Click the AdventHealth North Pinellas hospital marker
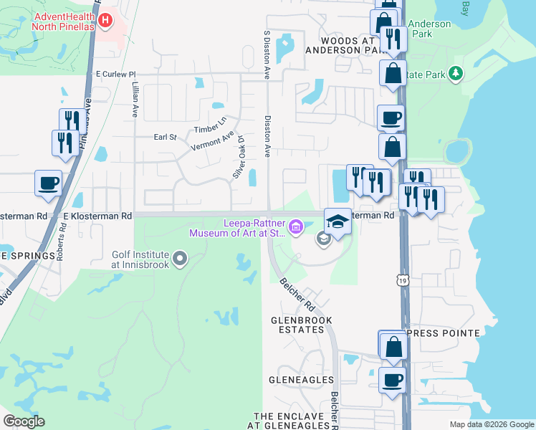point(106,19)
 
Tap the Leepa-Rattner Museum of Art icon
point(298,229)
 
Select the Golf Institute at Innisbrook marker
point(179,257)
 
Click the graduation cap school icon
point(338,221)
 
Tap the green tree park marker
point(454,74)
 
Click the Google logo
point(24,421)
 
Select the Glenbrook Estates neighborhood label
point(297,324)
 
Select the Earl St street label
point(165,137)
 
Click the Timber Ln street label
point(210,125)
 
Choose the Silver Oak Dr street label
point(239,158)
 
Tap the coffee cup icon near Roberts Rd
point(48,183)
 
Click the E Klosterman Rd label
point(97,215)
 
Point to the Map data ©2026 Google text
point(491,424)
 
